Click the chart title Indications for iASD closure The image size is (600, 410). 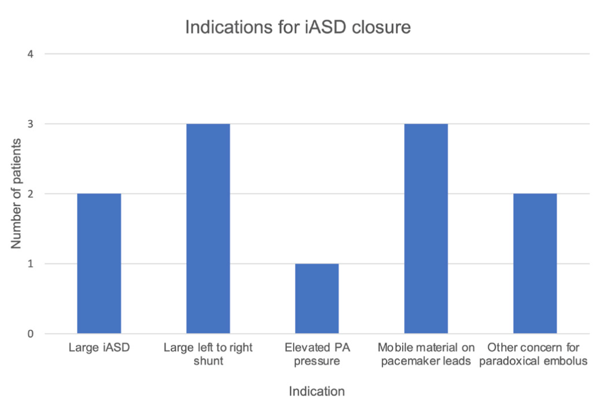tap(298, 27)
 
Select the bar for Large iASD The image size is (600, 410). tap(99, 263)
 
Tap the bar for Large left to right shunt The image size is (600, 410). tap(208, 229)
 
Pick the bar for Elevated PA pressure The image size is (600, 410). tap(317, 299)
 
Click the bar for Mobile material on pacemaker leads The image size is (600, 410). tap(426, 229)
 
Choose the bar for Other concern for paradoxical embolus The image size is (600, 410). tap(535, 263)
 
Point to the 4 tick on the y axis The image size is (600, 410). tap(31, 54)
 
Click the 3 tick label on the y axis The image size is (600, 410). tap(31, 124)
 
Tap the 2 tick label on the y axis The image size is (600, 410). tap(31, 194)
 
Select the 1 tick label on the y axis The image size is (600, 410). tap(31, 264)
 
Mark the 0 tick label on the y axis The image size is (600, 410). tap(31, 334)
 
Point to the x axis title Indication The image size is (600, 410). tap(317, 392)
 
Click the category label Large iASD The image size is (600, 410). tap(99, 348)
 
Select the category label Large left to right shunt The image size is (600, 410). tap(208, 355)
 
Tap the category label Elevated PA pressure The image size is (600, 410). tap(317, 355)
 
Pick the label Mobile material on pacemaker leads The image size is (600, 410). tap(426, 355)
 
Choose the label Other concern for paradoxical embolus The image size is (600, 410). tap(535, 355)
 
